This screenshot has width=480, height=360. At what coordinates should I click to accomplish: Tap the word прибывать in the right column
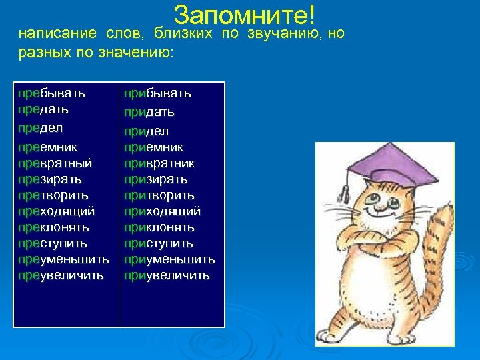[157, 93]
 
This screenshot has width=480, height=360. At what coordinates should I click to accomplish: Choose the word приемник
[153, 147]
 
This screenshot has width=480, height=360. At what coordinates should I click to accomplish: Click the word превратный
[55, 163]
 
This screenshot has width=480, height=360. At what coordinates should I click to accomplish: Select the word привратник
[159, 163]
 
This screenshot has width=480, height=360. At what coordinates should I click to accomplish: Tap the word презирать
[50, 179]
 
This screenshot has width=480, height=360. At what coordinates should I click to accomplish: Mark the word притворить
[159, 195]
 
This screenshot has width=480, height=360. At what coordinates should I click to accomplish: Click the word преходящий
[56, 211]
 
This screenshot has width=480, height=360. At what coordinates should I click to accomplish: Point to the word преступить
[53, 243]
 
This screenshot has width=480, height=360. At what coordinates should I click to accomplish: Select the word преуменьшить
[63, 259]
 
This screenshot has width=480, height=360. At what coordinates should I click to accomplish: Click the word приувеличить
[167, 275]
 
